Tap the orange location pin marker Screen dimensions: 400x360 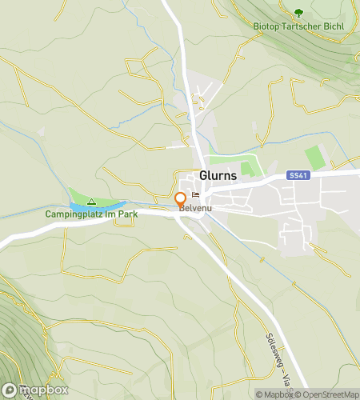181,198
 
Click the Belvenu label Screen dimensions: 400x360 195,209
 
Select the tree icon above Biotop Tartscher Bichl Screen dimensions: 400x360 298,13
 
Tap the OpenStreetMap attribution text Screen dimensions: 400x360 327,394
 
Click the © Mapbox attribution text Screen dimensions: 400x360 274,394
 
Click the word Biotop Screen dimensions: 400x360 266,25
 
